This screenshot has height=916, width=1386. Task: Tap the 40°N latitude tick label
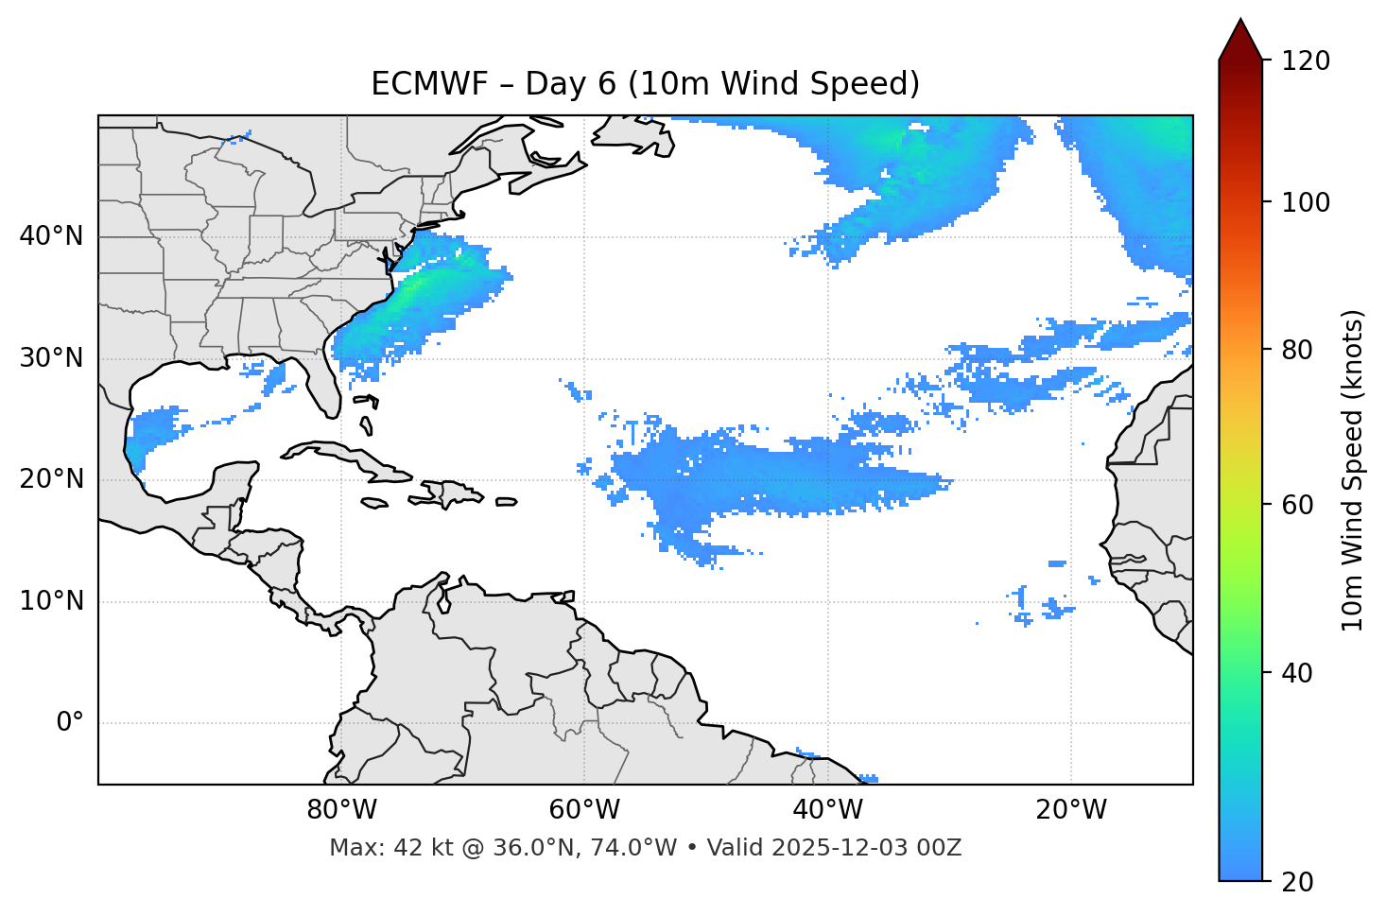pyautogui.click(x=51, y=236)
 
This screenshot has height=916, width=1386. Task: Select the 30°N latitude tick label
pyautogui.click(x=51, y=358)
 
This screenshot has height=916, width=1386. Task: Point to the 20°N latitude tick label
pyautogui.click(x=51, y=479)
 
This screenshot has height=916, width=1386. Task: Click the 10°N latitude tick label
pyautogui.click(x=51, y=601)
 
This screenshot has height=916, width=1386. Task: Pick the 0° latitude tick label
pyautogui.click(x=69, y=723)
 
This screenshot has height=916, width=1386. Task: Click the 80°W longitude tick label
pyautogui.click(x=341, y=810)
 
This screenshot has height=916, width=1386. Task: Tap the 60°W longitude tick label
pyautogui.click(x=584, y=810)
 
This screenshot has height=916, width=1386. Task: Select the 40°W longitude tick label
pyautogui.click(x=827, y=810)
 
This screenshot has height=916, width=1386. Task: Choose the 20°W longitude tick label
pyautogui.click(x=1071, y=810)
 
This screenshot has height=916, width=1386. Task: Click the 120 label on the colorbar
pyautogui.click(x=1306, y=61)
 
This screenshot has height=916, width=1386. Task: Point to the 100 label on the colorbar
pyautogui.click(x=1306, y=202)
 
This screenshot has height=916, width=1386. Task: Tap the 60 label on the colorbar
pyautogui.click(x=1294, y=505)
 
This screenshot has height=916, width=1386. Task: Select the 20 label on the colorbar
pyautogui.click(x=1294, y=882)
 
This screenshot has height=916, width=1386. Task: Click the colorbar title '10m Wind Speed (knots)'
pyautogui.click(x=1353, y=470)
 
